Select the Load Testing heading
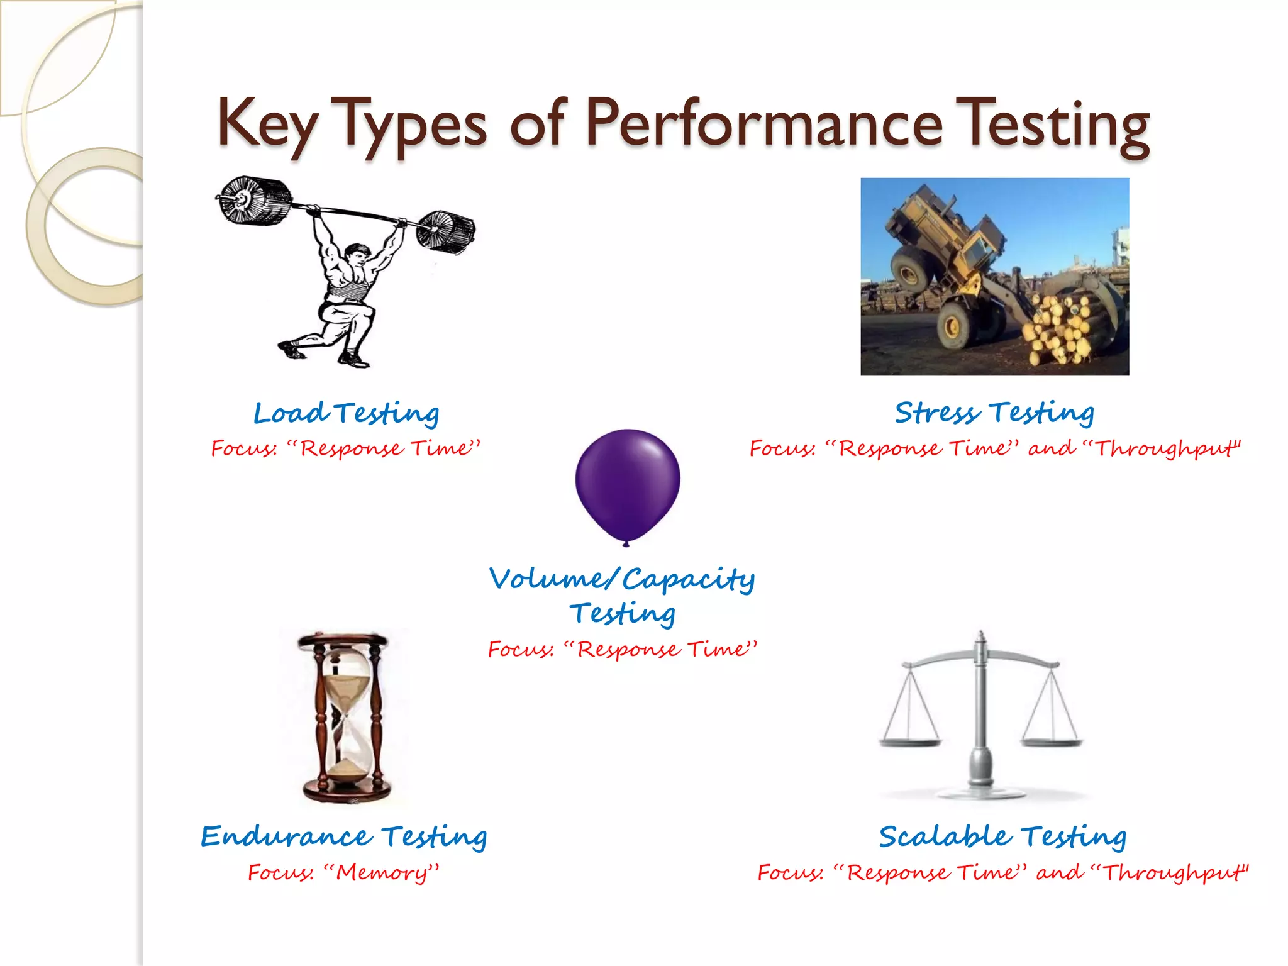pyautogui.click(x=346, y=413)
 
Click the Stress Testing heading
pyautogui.click(x=994, y=413)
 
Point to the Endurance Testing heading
pyautogui.click(x=343, y=836)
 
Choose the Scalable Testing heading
pyautogui.click(x=1002, y=836)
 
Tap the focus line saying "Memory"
pyautogui.click(x=343, y=873)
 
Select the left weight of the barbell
pyautogui.click(x=253, y=200)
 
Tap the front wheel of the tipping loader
pyautogui.click(x=956, y=324)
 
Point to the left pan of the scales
pyautogui.click(x=910, y=741)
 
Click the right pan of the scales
pyautogui.click(x=1052, y=741)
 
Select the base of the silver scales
pyautogui.click(x=980, y=789)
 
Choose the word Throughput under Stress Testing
pyautogui.click(x=1167, y=449)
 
